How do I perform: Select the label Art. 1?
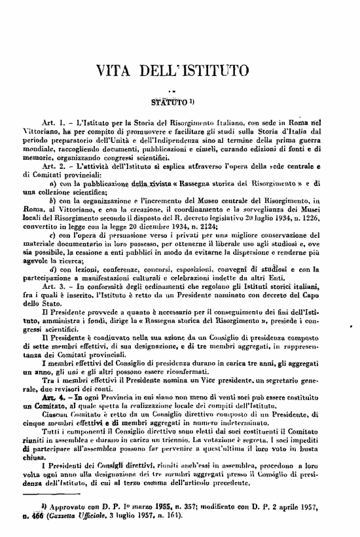[52, 122]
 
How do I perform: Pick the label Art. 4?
[52, 378]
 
